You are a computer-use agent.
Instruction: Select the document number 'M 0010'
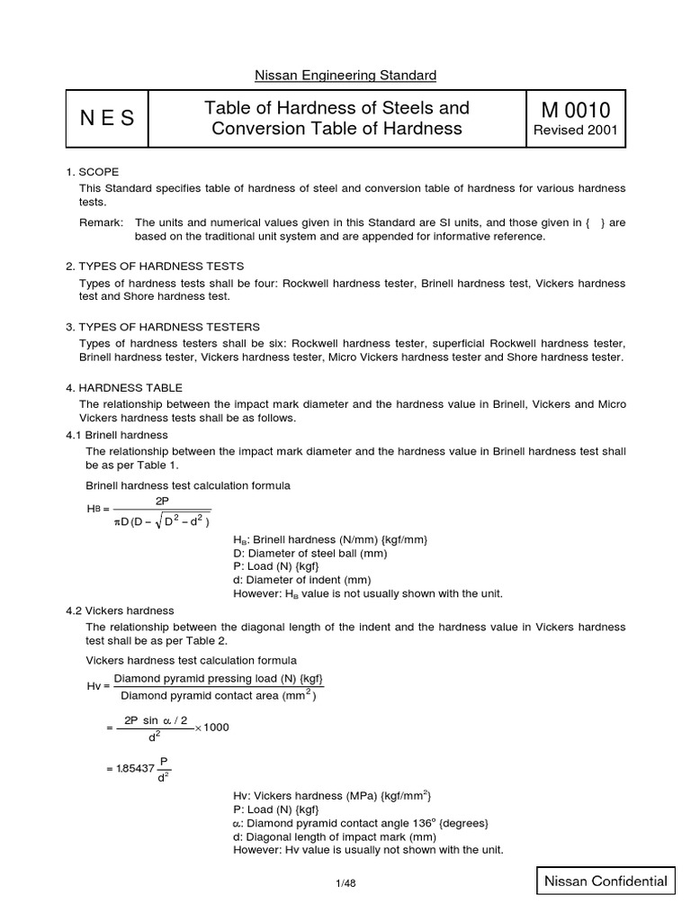point(576,110)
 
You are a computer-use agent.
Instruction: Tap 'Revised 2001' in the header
point(576,131)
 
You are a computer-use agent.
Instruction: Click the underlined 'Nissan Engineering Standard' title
point(345,75)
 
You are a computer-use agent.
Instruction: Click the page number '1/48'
point(345,883)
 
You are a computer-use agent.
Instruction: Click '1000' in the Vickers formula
point(217,727)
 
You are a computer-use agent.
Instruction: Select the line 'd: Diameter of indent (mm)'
point(301,580)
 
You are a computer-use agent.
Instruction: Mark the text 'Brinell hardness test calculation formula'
point(187,485)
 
